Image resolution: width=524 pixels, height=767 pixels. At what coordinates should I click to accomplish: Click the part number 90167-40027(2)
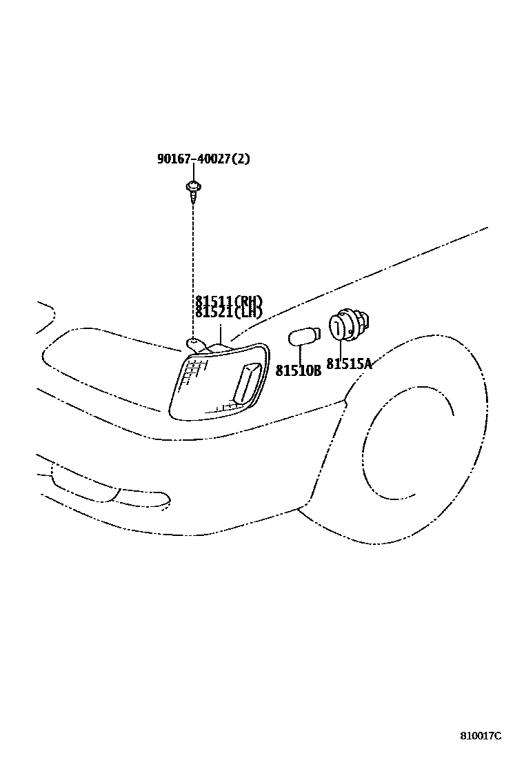click(203, 159)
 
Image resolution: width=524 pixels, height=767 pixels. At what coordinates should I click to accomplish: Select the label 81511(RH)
click(228, 301)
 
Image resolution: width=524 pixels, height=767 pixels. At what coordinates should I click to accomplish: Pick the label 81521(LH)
click(228, 312)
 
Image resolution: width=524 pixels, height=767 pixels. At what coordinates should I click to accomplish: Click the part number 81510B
click(298, 371)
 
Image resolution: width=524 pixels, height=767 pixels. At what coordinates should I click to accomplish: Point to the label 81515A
click(349, 364)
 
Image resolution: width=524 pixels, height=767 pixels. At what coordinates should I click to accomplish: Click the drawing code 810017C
click(481, 735)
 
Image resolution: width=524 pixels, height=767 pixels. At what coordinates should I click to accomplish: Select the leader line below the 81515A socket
click(341, 348)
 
